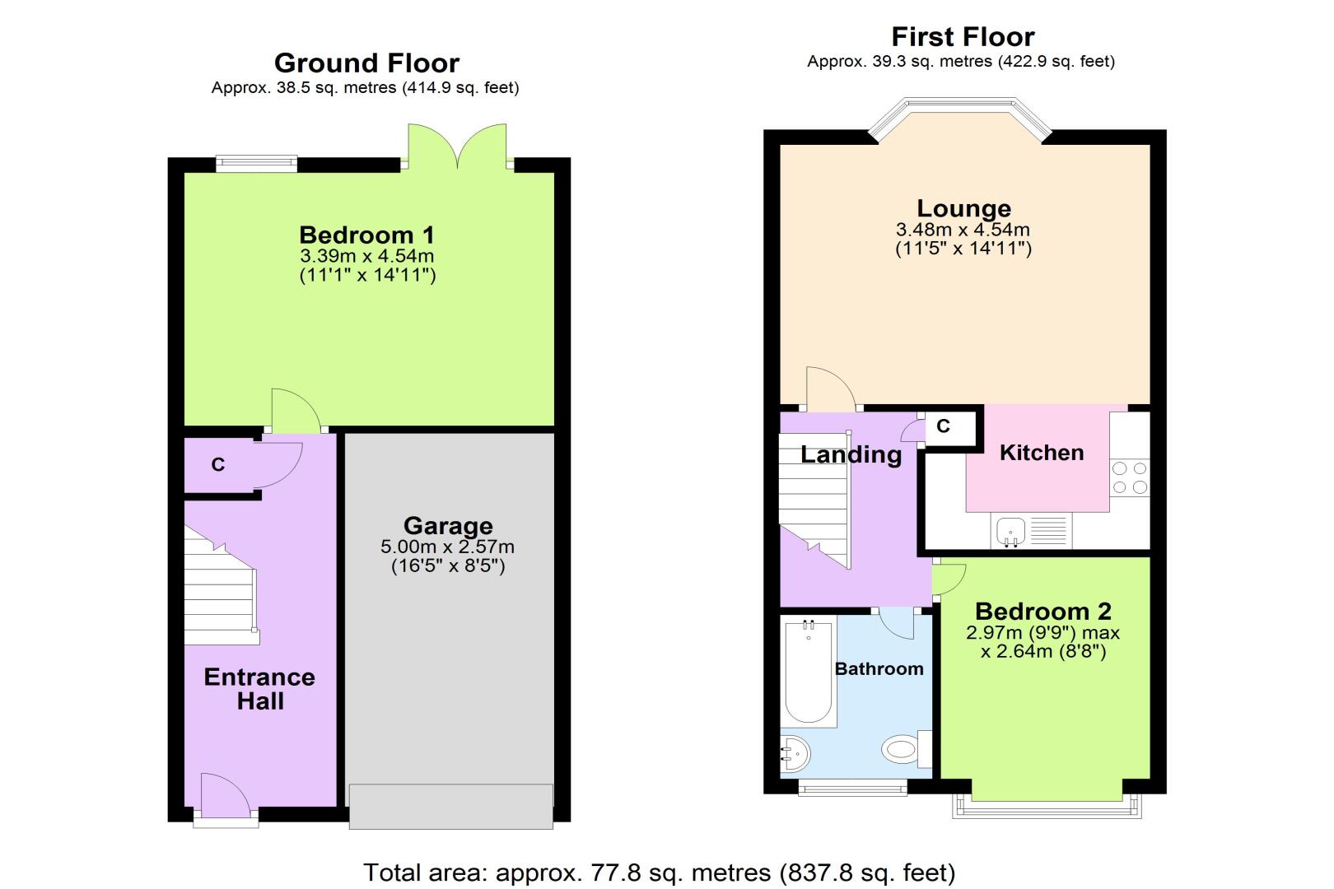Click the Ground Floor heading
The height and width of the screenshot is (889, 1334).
pyautogui.click(x=366, y=63)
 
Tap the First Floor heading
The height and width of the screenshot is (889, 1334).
pyautogui.click(x=963, y=37)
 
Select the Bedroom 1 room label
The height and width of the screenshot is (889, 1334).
pyautogui.click(x=367, y=235)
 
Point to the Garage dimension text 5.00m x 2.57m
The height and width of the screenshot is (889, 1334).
pyautogui.click(x=447, y=547)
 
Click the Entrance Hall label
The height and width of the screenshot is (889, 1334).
pyautogui.click(x=259, y=689)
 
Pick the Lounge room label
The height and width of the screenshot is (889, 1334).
pyautogui.click(x=963, y=208)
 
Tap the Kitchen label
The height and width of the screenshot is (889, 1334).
pyautogui.click(x=1042, y=453)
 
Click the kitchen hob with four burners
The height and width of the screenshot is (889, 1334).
pyautogui.click(x=1130, y=477)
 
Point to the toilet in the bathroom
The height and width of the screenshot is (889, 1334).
pyautogui.click(x=907, y=749)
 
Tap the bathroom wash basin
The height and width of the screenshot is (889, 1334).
pyautogui.click(x=795, y=754)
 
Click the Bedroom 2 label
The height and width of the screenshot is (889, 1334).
pyautogui.click(x=1042, y=612)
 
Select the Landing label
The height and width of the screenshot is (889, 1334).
pyautogui.click(x=851, y=455)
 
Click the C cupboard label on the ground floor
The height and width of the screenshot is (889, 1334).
pyautogui.click(x=218, y=464)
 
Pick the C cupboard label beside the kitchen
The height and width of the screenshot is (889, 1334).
pyautogui.click(x=943, y=426)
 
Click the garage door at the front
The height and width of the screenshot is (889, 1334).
pyautogui.click(x=450, y=806)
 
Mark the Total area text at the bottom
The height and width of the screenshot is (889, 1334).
pyautogui.click(x=660, y=873)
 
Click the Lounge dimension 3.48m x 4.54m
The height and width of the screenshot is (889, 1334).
pyautogui.click(x=963, y=229)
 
